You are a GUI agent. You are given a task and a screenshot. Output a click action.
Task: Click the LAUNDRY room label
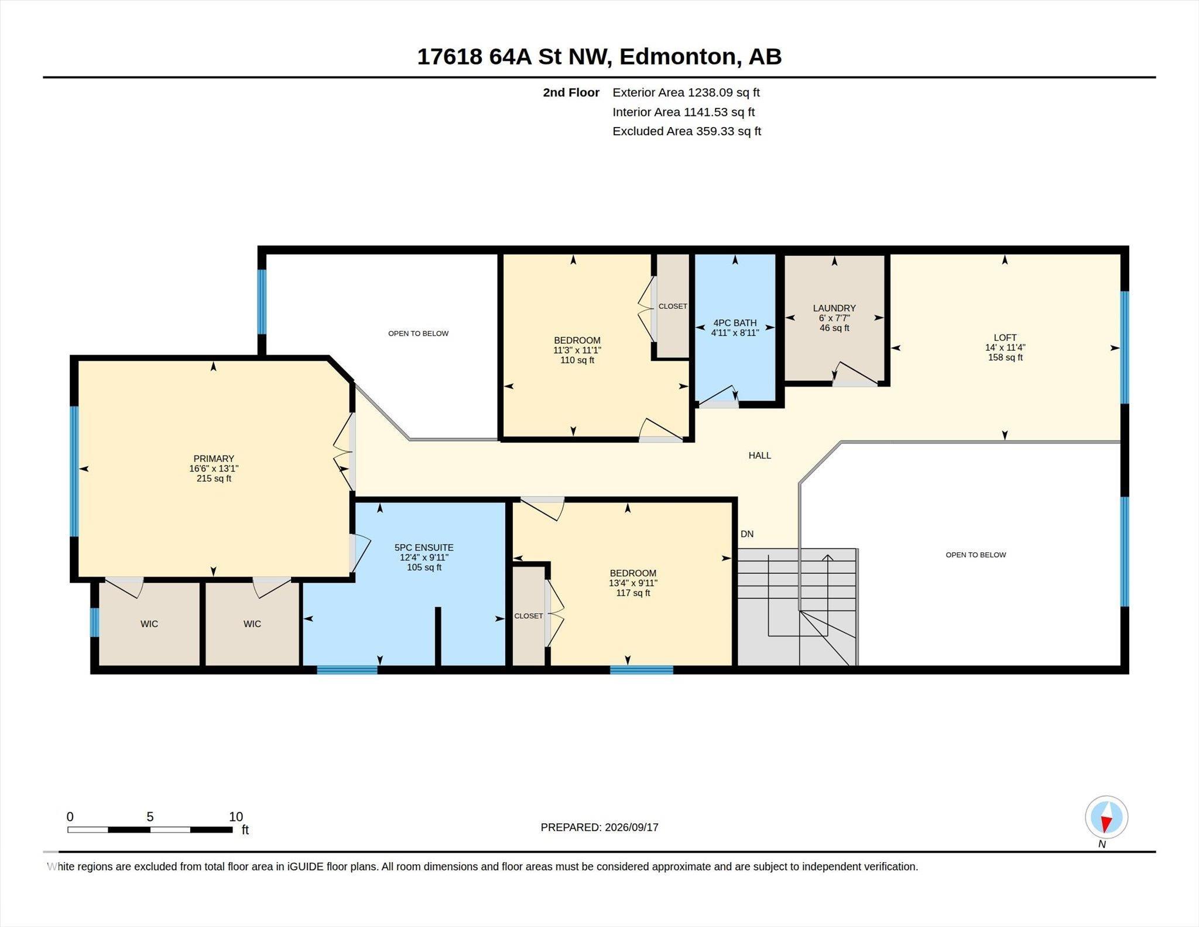(834, 308)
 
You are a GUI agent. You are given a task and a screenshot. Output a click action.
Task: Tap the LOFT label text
(1005, 337)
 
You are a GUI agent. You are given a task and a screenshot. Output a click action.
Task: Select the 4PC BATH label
(735, 323)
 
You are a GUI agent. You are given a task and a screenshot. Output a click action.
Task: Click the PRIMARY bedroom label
(214, 459)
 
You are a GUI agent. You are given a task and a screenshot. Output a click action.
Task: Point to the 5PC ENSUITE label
(424, 548)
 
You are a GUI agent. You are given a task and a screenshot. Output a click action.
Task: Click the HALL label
(759, 455)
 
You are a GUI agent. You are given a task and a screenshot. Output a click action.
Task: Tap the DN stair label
(747, 534)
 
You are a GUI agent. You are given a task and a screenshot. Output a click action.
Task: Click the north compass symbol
(1106, 817)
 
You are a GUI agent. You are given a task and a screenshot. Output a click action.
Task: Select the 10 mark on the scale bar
(236, 816)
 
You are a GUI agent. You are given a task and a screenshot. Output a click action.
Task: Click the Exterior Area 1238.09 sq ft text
(686, 93)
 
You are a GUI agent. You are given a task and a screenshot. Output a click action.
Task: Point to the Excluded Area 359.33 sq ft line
(687, 131)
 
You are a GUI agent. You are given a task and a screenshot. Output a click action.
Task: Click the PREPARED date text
(599, 827)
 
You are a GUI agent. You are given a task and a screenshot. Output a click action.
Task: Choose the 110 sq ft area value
(577, 360)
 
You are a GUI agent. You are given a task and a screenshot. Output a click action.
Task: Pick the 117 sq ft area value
(633, 593)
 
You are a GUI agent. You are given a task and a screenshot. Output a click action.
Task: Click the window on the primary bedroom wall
(74, 471)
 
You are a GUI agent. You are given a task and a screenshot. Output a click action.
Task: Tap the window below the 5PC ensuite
(347, 670)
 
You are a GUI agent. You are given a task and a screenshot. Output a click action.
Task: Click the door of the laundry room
(855, 375)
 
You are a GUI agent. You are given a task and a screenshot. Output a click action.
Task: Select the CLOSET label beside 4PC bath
(673, 306)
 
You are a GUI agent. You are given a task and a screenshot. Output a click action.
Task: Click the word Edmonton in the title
(676, 57)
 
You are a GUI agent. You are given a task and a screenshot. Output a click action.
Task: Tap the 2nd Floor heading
(571, 93)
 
